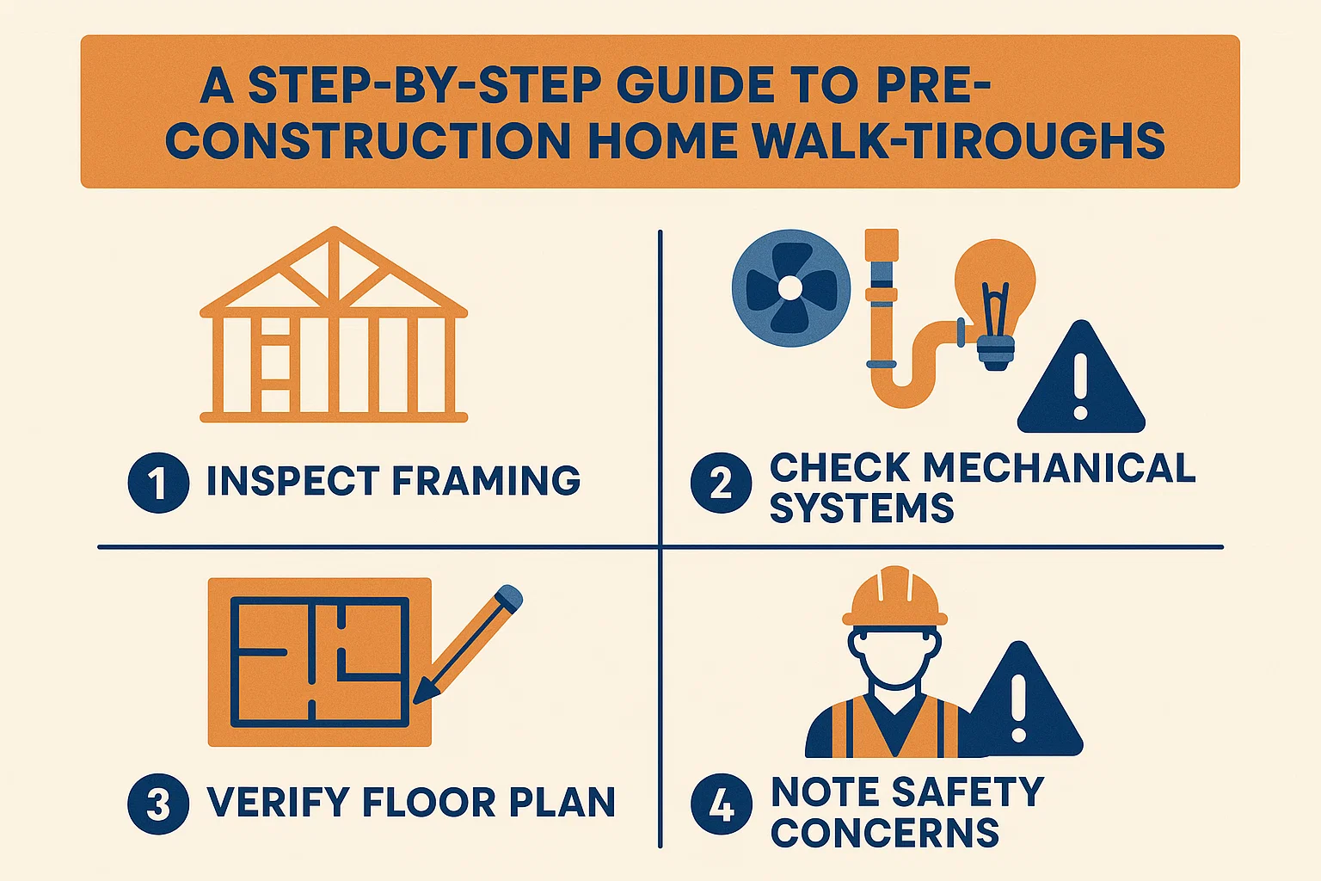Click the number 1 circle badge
tap(158, 483)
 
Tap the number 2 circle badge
tap(722, 483)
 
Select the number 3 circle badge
tap(158, 804)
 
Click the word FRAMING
tap(486, 481)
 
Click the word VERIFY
tap(277, 803)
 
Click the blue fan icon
tap(790, 287)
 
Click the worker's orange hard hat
tap(894, 598)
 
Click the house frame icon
tap(334, 327)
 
